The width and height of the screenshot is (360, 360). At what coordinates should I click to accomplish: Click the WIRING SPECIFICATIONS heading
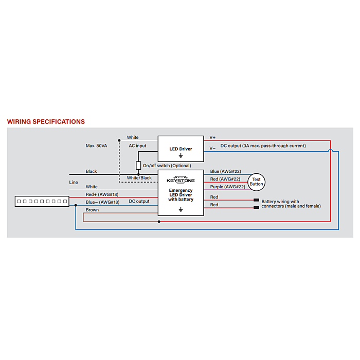point(46,121)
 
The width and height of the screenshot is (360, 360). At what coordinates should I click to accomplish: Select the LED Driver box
point(181,149)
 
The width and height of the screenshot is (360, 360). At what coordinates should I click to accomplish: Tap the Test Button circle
point(257,182)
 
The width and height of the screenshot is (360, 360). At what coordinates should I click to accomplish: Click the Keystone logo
point(181,180)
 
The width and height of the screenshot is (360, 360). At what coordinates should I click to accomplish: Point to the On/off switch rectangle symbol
point(138,165)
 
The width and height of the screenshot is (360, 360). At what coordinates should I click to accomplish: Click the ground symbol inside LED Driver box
point(181,156)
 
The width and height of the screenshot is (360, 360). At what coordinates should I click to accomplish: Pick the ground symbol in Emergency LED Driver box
point(181,209)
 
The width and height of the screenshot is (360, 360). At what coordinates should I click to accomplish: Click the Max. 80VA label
point(97,146)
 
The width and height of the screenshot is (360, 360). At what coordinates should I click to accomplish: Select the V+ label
point(212,137)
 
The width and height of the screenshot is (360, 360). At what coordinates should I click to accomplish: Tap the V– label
point(212,148)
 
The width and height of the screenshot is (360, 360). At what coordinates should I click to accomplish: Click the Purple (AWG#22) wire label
point(227,187)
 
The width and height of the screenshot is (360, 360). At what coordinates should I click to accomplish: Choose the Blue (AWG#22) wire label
point(225,171)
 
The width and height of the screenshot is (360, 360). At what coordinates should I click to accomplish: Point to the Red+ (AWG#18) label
point(102,194)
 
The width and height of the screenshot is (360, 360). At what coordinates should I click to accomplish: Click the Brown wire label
point(92,210)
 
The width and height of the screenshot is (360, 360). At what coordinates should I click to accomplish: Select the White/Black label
point(139,178)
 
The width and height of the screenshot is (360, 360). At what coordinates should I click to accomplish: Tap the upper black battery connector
point(257,200)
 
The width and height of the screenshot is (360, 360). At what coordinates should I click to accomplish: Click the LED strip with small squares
point(42,202)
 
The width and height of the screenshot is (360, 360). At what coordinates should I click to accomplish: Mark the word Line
point(74,182)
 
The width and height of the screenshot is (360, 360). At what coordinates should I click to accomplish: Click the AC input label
point(137,146)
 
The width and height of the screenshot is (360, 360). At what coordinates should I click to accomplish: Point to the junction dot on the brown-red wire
point(159,222)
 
